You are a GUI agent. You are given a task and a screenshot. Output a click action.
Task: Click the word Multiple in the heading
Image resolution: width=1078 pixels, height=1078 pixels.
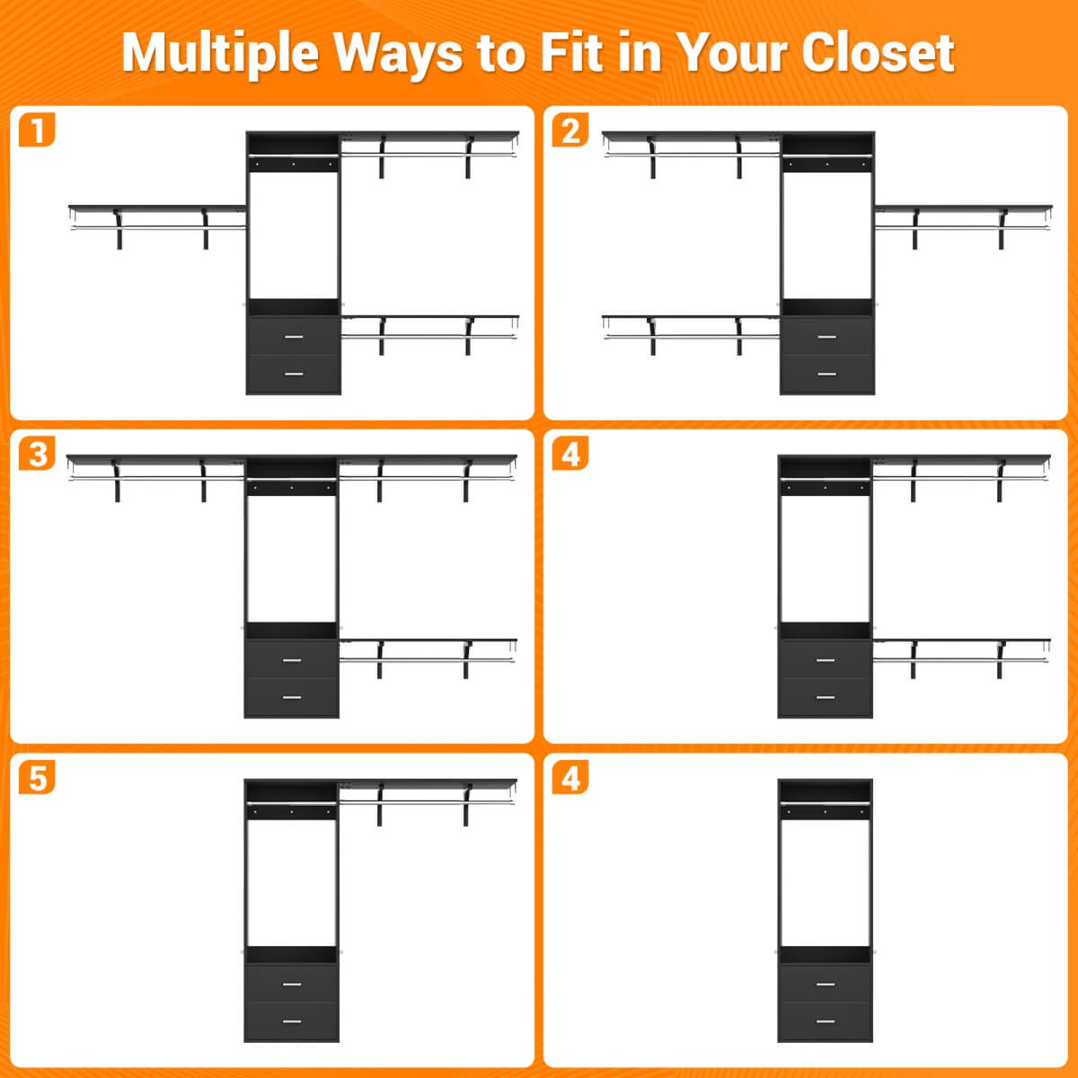coord(220,54)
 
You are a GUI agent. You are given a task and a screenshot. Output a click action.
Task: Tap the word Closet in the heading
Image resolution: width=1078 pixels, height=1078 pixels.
coord(878,52)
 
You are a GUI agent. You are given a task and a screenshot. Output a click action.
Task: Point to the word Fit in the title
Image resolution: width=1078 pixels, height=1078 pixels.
coord(571,52)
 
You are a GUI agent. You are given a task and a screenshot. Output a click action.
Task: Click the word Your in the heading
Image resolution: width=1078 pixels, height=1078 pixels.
coord(732,52)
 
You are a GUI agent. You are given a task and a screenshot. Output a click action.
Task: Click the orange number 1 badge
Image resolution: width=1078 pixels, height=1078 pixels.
coord(37,129)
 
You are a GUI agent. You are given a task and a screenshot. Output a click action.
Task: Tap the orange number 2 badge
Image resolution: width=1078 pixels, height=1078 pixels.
coord(570,129)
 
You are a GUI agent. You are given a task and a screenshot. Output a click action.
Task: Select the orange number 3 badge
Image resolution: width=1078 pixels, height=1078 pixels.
coord(37,453)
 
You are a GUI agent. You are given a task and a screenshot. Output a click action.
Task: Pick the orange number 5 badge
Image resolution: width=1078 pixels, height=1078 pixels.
coord(37,777)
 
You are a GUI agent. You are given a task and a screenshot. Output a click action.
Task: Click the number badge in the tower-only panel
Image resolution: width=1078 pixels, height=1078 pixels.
coord(570,777)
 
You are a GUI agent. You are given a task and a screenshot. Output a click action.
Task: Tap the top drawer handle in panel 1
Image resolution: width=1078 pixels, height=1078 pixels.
coord(294,337)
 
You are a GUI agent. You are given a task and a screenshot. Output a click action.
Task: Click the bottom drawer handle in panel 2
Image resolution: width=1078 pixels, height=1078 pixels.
coord(826,374)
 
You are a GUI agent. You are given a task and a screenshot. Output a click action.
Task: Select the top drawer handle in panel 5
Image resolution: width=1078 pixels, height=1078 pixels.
coord(292,984)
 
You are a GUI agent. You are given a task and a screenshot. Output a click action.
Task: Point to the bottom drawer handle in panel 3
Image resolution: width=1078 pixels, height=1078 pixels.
coord(292,697)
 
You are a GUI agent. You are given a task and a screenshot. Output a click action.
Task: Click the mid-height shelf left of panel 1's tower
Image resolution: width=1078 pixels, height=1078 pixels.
coord(157,208)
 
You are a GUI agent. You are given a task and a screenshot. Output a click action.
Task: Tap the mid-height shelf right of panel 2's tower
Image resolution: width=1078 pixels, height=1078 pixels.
coord(963,208)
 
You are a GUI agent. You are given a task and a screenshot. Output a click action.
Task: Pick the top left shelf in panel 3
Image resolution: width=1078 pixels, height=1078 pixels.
coord(156,459)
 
